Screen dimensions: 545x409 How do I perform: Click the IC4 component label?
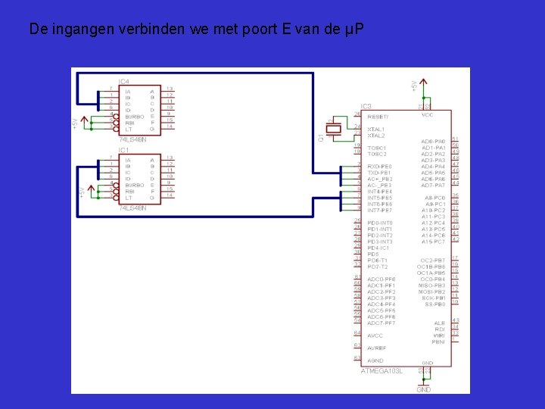pyautogui.click(x=123, y=81)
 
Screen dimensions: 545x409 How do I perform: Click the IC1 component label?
pyautogui.click(x=123, y=150)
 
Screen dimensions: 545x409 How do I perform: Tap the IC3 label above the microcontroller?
pyautogui.click(x=366, y=106)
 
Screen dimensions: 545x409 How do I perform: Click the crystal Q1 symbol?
pyautogui.click(x=332, y=130)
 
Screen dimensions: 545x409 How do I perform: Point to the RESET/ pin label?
pyautogui.click(x=378, y=117)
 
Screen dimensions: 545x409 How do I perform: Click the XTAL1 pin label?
pyautogui.click(x=375, y=130)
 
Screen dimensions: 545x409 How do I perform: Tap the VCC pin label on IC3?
pyautogui.click(x=428, y=115)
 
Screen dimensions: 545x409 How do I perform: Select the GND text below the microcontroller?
pyautogui.click(x=424, y=389)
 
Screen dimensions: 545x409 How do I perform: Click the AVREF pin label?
pyautogui.click(x=377, y=348)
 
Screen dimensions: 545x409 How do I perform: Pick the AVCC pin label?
pyautogui.click(x=375, y=335)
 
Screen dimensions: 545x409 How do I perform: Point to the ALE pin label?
pyautogui.click(x=440, y=322)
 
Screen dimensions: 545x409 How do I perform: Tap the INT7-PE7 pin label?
pyautogui.click(x=379, y=210)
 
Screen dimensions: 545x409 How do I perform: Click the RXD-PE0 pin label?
pyautogui.click(x=379, y=167)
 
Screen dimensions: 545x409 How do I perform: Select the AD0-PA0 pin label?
pyautogui.click(x=434, y=142)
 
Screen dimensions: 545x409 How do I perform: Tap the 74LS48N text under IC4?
pyautogui.click(x=132, y=139)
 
